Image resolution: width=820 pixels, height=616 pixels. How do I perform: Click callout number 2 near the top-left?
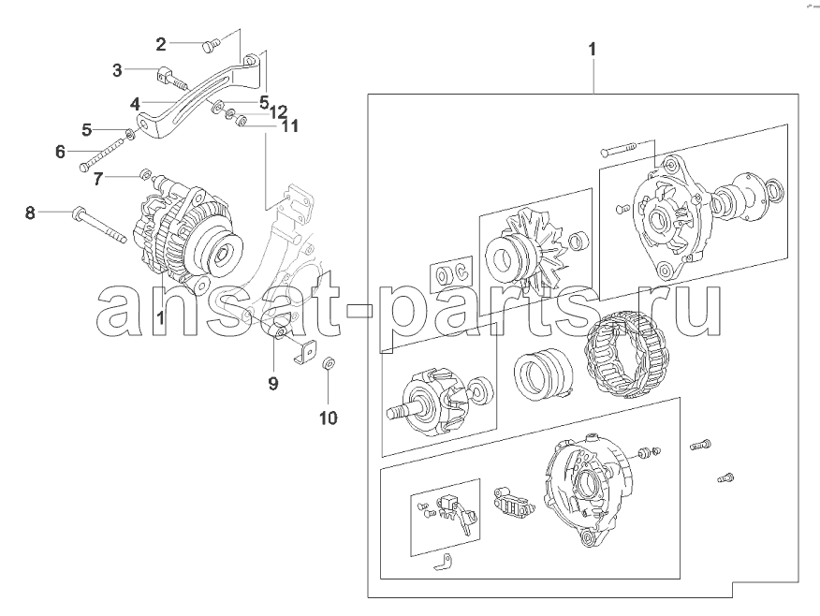(161, 44)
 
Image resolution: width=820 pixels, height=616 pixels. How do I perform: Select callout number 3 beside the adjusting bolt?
(117, 70)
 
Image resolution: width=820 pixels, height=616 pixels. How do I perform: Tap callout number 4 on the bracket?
(136, 104)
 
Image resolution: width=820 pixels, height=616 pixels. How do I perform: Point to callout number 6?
(61, 153)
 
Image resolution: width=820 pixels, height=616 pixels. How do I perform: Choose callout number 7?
(97, 179)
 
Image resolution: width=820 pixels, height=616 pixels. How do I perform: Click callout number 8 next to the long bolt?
(30, 213)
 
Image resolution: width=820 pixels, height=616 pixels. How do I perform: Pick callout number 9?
(273, 384)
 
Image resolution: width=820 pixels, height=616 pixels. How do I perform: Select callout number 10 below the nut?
(329, 418)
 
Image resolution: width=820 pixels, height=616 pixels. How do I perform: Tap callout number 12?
(279, 111)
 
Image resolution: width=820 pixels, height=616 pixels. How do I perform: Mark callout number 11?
(289, 126)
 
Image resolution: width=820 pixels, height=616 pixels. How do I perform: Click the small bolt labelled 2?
(209, 47)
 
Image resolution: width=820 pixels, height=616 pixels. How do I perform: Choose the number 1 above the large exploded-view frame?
(592, 50)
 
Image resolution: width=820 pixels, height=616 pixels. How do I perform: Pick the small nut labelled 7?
(146, 173)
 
